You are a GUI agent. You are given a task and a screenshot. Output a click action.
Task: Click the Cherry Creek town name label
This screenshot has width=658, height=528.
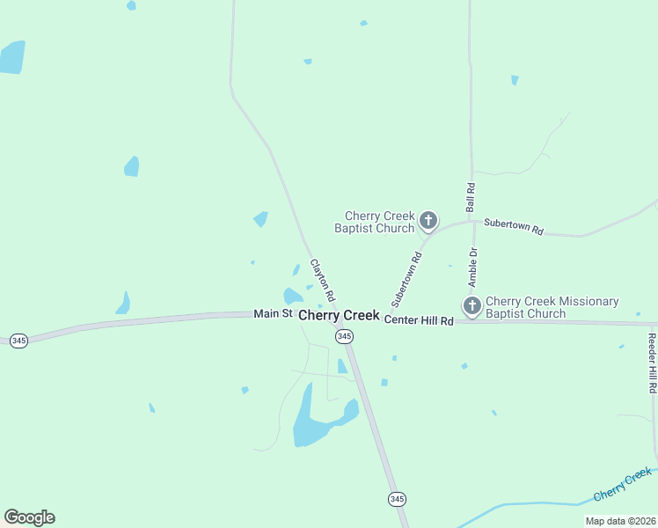[339, 315]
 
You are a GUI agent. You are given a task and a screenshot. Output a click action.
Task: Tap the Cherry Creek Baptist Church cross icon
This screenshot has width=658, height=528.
[428, 220]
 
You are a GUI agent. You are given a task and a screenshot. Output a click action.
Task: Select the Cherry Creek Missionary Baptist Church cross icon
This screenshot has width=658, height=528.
[472, 306]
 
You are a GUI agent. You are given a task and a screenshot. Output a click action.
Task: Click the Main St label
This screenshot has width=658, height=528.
[273, 313]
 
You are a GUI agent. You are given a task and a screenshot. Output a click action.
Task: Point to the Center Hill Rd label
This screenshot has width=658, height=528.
[419, 321]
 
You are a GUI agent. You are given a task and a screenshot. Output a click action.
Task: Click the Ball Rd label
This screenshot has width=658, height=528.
[471, 197]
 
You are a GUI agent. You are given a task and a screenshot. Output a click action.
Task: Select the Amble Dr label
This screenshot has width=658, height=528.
[473, 268]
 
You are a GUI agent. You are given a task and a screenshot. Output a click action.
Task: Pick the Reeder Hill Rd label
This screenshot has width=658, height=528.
[653, 363]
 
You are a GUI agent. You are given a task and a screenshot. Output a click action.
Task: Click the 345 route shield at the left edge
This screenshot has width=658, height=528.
[18, 341]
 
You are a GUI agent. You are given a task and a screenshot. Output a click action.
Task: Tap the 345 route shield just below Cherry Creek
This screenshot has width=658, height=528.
[344, 337]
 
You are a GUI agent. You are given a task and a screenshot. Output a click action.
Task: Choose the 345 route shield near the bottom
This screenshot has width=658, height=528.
[397, 499]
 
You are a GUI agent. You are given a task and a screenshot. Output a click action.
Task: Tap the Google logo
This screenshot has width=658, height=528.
[29, 517]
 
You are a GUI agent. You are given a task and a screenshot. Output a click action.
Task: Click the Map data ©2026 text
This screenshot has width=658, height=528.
[620, 521]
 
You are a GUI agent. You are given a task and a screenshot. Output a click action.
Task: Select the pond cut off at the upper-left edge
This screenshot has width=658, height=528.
[11, 57]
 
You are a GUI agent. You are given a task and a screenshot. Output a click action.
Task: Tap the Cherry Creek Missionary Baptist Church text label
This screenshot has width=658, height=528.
[552, 307]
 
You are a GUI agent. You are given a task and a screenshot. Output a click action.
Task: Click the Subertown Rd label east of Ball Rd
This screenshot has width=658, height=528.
[514, 227]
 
